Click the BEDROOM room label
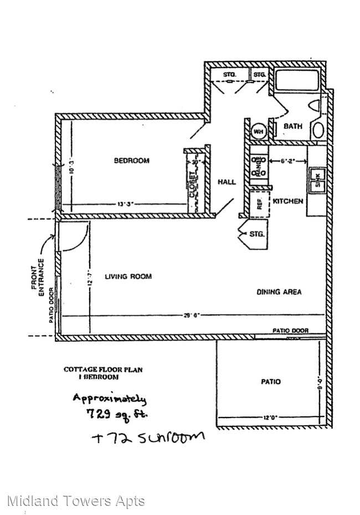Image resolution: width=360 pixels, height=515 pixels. coord(131,161)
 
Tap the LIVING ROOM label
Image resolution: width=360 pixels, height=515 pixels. coord(128,276)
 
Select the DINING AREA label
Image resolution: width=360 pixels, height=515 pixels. coord(279,292)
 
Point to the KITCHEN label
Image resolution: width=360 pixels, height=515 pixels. coord(288,201)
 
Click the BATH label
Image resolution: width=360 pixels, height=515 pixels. coord(293,126)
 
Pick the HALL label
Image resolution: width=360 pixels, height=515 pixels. coord(227,182)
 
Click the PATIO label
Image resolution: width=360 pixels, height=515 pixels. coord(270,382)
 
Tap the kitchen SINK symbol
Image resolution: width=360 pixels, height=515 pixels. coord(318,178)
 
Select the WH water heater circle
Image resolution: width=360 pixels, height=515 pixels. coord(258,131)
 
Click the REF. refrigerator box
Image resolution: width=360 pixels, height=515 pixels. coord(258,203)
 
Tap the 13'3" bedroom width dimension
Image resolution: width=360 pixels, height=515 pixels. coord(125,204)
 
